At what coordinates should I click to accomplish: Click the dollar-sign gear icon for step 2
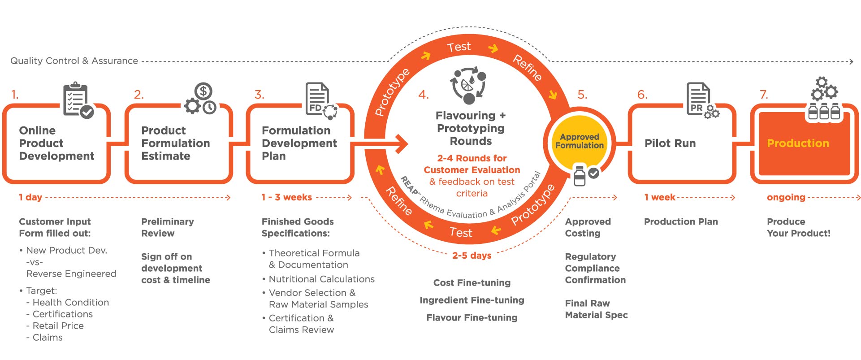pyautogui.click(x=200, y=99)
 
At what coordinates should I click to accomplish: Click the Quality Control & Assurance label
pyautogui.click(x=74, y=61)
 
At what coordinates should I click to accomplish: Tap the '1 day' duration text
pyautogui.click(x=30, y=197)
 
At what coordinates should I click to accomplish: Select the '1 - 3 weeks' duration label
pyautogui.click(x=287, y=197)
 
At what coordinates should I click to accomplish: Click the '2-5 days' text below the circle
pyautogui.click(x=472, y=256)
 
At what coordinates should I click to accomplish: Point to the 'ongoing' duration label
pyautogui.click(x=786, y=197)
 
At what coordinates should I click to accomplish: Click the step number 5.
pyautogui.click(x=582, y=95)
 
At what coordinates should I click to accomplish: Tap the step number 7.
pyautogui.click(x=764, y=95)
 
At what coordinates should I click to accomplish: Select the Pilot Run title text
pyautogui.click(x=670, y=143)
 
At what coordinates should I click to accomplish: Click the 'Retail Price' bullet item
pyautogui.click(x=58, y=326)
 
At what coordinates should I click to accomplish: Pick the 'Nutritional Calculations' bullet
pyautogui.click(x=321, y=279)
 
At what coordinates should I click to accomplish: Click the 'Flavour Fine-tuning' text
pyautogui.click(x=472, y=318)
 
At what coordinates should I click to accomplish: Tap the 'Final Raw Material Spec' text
pyautogui.click(x=596, y=309)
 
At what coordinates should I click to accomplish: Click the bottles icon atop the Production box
pyautogui.click(x=824, y=111)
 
